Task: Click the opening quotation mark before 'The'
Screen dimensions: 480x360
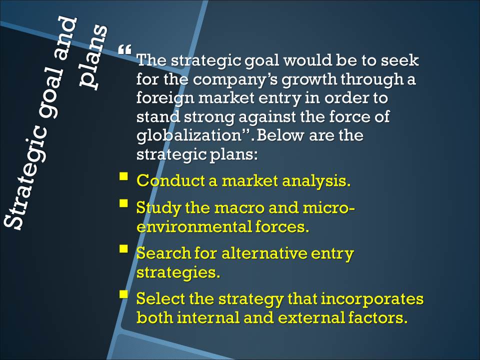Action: coord(125,49)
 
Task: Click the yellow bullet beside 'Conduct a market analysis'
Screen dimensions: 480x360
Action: coord(123,176)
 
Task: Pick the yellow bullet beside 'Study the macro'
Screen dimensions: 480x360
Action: coord(123,203)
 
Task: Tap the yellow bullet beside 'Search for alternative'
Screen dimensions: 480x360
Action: coord(123,248)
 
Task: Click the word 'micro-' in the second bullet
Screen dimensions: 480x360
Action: coord(329,208)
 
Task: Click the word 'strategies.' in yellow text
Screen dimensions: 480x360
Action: coord(178,272)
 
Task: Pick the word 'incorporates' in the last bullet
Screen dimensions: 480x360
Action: coord(372,299)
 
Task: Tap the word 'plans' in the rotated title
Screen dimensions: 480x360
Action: coord(93,57)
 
